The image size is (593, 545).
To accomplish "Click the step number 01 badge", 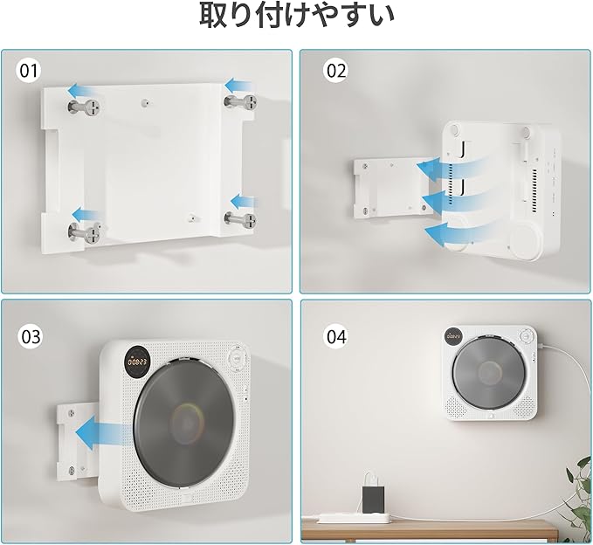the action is (x=29, y=71).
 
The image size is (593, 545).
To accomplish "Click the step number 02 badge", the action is (x=336, y=71).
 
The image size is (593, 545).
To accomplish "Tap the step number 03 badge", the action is (x=31, y=336).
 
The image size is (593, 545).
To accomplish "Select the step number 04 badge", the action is (x=336, y=336).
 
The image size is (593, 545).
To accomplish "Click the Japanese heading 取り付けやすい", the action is (x=297, y=16).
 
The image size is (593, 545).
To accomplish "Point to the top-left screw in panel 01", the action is (x=84, y=107).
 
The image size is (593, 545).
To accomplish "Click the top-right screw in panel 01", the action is (x=241, y=102).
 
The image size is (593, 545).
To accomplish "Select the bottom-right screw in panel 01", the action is (x=240, y=218).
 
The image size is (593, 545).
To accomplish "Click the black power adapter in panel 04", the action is (x=373, y=499).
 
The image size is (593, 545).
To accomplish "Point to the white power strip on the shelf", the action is (x=353, y=517).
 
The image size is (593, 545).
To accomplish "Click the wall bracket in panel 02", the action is (x=390, y=190).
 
